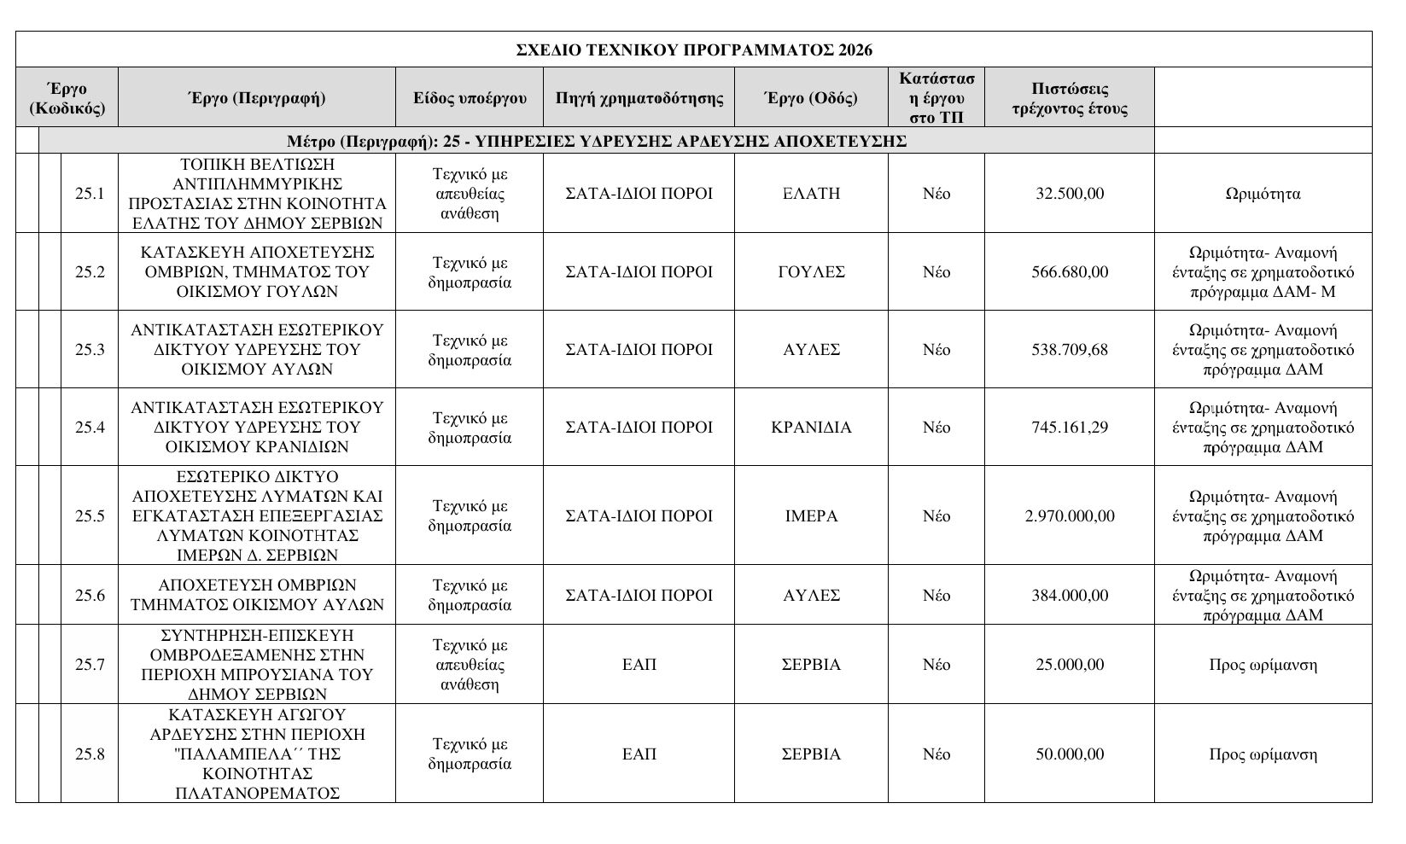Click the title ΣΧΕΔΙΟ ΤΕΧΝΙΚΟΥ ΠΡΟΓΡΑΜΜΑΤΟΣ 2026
click(x=694, y=50)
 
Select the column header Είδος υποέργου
click(x=470, y=98)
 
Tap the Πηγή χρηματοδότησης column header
click(x=639, y=98)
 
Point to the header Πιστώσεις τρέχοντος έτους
click(x=1069, y=99)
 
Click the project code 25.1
click(x=90, y=194)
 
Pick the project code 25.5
click(x=90, y=516)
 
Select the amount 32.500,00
click(x=1069, y=194)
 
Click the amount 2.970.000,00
click(x=1069, y=516)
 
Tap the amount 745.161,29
click(x=1069, y=428)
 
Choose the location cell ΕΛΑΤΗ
click(x=811, y=194)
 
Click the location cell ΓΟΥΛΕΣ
click(x=811, y=272)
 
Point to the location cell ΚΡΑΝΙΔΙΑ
click(x=811, y=428)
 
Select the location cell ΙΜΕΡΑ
click(x=811, y=516)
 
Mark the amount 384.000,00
click(x=1069, y=596)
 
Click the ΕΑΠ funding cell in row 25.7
click(x=639, y=665)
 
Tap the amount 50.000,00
click(x=1069, y=754)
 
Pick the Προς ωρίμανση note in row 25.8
click(x=1263, y=754)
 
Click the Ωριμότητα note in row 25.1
click(x=1263, y=194)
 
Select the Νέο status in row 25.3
click(x=936, y=350)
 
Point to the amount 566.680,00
click(x=1069, y=272)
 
